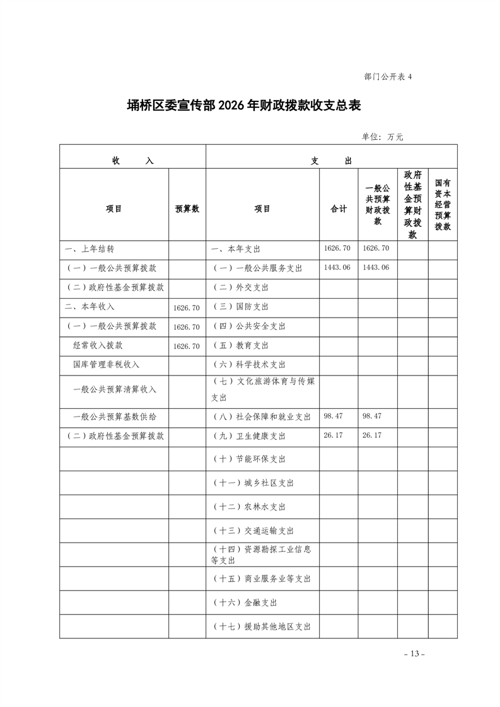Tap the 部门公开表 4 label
[387, 77]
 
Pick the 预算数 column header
[187, 209]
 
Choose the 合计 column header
[339, 209]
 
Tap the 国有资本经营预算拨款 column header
[443, 204]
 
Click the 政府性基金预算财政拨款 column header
[412, 204]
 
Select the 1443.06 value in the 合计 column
[337, 268]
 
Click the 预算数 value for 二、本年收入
[186, 308]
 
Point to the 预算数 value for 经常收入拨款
[186, 346]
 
